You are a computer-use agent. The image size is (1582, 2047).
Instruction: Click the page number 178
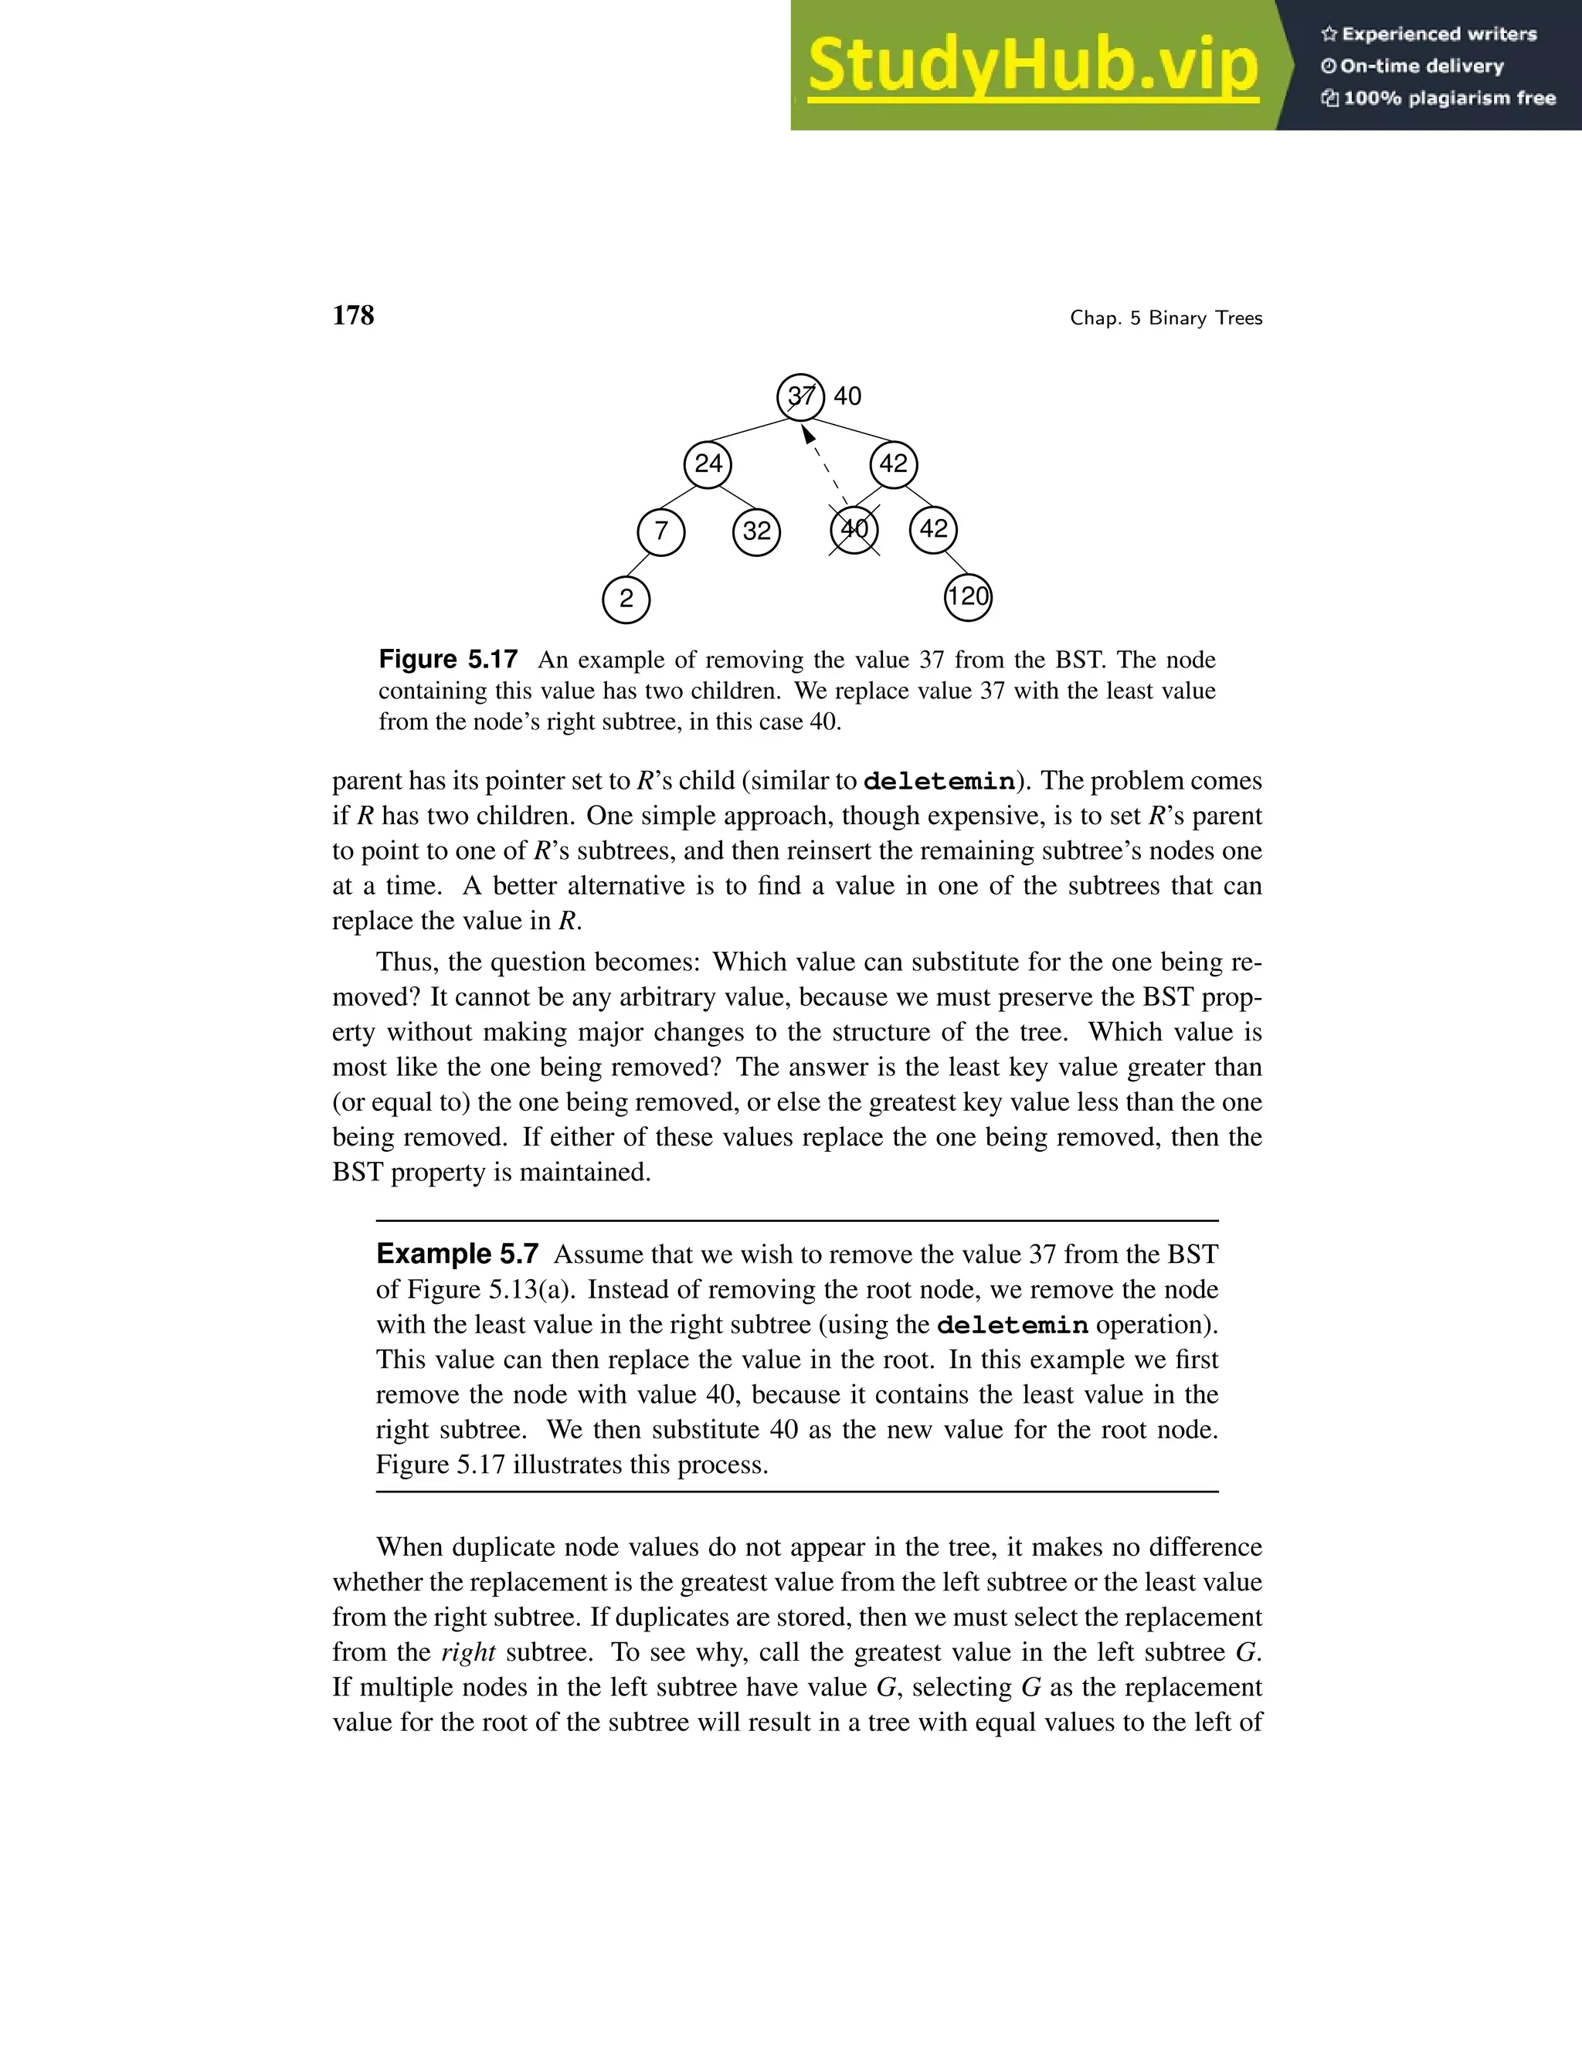click(353, 316)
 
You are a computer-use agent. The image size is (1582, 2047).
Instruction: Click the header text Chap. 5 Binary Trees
click(1166, 319)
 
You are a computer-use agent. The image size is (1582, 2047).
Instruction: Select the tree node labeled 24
click(708, 464)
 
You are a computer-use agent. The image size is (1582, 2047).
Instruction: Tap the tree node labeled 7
click(660, 531)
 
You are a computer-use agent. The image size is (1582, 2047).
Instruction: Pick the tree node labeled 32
click(756, 531)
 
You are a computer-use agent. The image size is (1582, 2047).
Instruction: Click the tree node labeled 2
click(626, 599)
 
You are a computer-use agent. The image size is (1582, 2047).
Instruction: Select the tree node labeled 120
click(967, 597)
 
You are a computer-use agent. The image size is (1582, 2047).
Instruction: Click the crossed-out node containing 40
click(854, 530)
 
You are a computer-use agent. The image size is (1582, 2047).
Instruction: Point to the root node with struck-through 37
click(800, 396)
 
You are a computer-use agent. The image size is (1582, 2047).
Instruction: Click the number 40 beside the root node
click(847, 396)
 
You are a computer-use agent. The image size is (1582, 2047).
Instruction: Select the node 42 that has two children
click(893, 464)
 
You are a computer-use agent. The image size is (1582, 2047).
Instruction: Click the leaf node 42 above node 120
click(933, 530)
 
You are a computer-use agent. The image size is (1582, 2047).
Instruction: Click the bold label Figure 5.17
click(448, 660)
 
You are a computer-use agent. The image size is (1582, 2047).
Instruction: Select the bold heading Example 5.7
click(457, 1254)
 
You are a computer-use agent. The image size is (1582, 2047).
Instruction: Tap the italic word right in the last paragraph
click(467, 1652)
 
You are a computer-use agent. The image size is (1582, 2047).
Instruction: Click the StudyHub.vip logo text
click(1032, 66)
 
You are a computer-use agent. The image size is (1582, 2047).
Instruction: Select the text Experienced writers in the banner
click(1438, 35)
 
